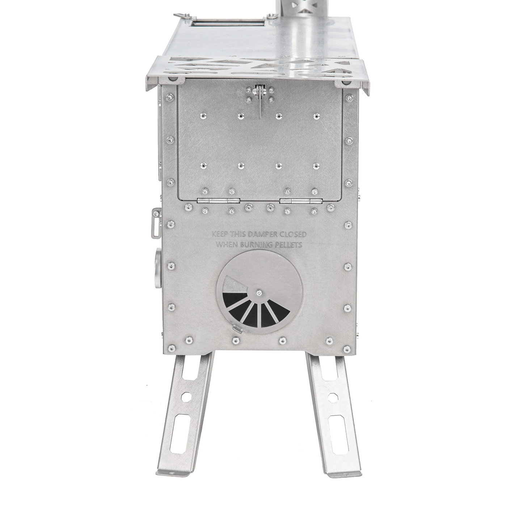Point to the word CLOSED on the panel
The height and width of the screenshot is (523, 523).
tap(292, 235)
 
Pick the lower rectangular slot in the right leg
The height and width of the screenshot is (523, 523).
tap(337, 434)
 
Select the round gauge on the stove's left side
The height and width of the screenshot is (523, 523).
tap(157, 268)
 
